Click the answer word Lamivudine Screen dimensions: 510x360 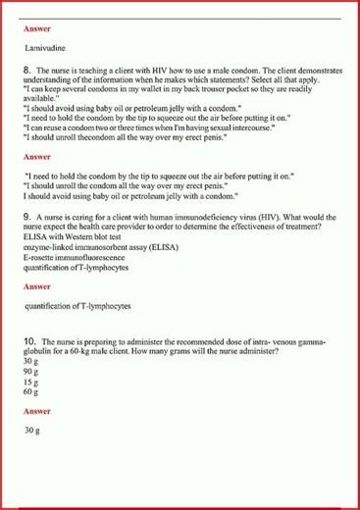48,47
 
